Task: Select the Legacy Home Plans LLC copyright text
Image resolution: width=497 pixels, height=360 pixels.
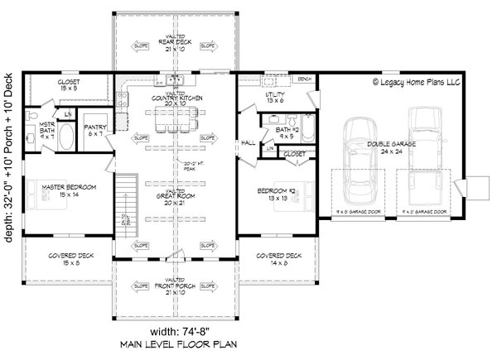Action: point(417,82)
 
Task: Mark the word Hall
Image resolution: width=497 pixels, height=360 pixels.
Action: point(248,142)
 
